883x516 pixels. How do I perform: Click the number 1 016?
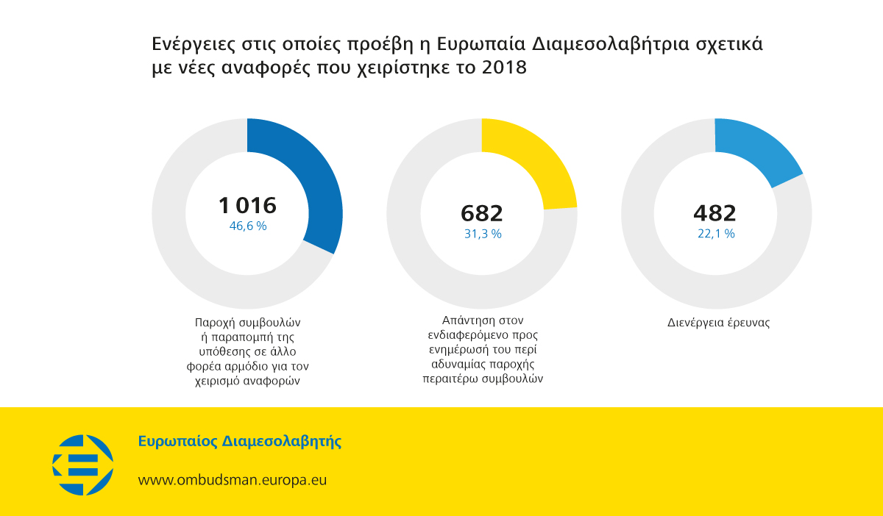pyautogui.click(x=247, y=205)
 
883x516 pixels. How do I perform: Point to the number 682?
pyautogui.click(x=482, y=213)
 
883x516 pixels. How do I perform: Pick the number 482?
pyautogui.click(x=714, y=213)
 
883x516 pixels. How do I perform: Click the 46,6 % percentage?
pyautogui.click(x=247, y=226)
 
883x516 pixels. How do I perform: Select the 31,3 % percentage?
pyautogui.click(x=482, y=234)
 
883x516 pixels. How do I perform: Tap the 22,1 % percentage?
pyautogui.click(x=715, y=234)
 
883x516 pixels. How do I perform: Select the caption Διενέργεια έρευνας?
pyautogui.click(x=718, y=323)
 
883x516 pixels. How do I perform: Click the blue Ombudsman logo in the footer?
pyautogui.click(x=82, y=465)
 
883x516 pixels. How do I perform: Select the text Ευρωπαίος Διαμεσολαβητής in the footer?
pyautogui.click(x=240, y=442)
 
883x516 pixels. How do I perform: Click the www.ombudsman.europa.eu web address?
pyautogui.click(x=233, y=480)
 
